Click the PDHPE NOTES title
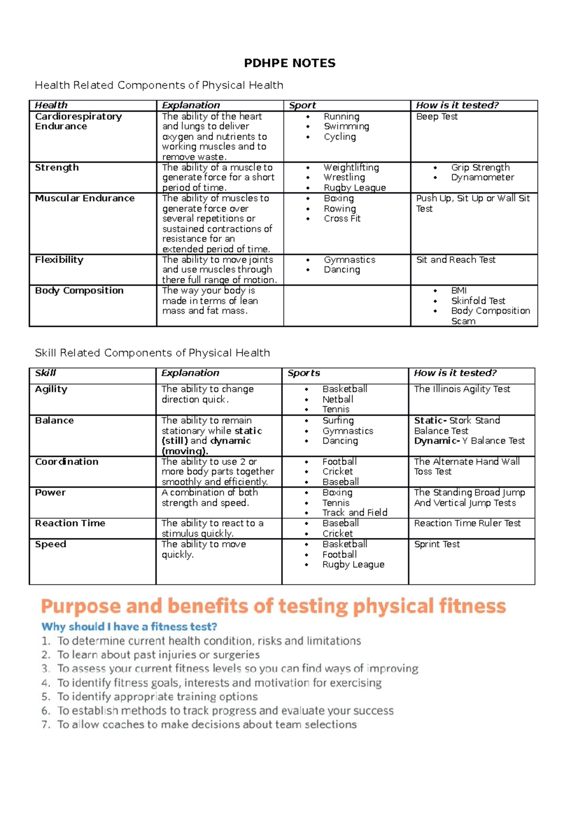(x=289, y=63)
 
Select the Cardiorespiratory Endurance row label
(x=78, y=121)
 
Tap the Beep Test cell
(x=436, y=116)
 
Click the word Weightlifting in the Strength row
(x=351, y=167)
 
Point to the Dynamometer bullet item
(x=482, y=178)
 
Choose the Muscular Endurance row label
(x=85, y=198)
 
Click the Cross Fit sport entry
(x=342, y=218)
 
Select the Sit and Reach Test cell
(x=456, y=260)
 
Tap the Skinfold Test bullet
(x=478, y=301)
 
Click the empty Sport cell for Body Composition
(x=347, y=306)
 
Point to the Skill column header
(x=46, y=373)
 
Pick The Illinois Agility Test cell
(x=462, y=389)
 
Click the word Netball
(x=338, y=399)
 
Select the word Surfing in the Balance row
(x=338, y=421)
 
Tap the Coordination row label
(x=66, y=461)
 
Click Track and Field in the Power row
(x=355, y=512)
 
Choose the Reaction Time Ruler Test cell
(x=467, y=523)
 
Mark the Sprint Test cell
(x=437, y=544)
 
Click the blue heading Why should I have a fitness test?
(x=129, y=626)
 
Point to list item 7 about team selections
(x=207, y=724)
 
